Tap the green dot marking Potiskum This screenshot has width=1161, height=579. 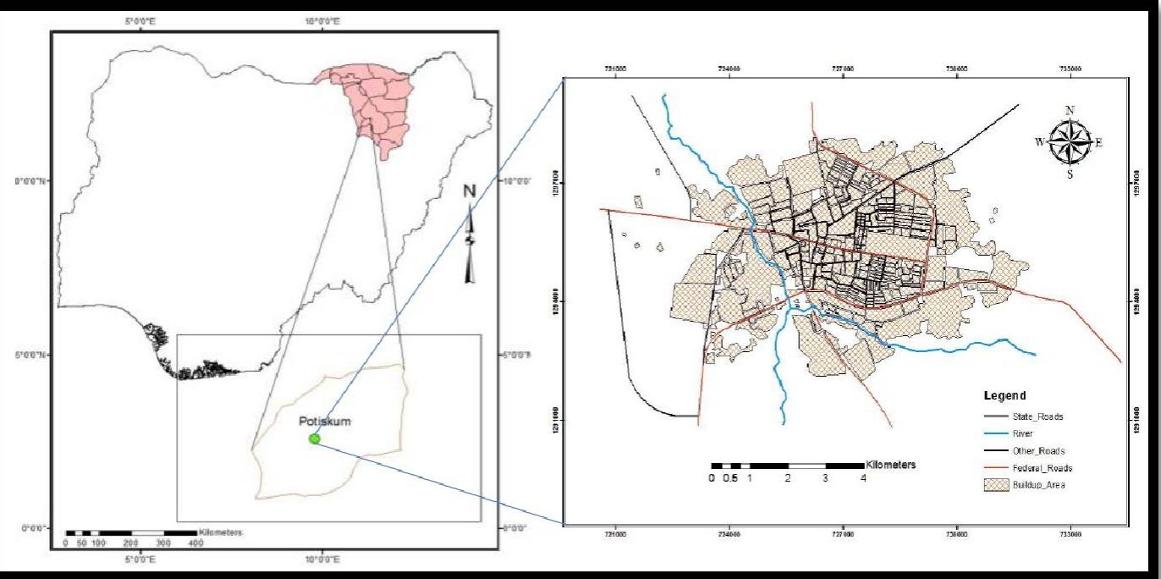(315, 438)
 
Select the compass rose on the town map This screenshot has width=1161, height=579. (1070, 141)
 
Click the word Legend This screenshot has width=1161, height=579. (1004, 396)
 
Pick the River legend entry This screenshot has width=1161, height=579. (1023, 433)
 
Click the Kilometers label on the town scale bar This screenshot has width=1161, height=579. (891, 466)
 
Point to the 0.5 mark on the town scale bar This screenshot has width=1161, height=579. (730, 478)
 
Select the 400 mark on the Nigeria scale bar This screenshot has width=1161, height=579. (195, 543)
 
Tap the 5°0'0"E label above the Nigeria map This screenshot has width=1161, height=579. (140, 20)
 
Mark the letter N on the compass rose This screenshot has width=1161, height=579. (1070, 111)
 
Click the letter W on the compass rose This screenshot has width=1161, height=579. (1039, 141)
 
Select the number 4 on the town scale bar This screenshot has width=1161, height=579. (863, 478)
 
